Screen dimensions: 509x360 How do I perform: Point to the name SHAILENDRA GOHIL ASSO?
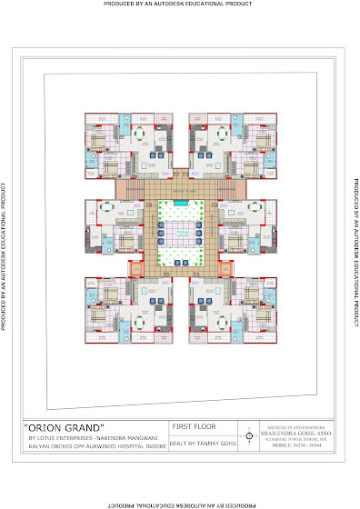[x=292, y=432]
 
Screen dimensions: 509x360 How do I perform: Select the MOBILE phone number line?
[x=291, y=446]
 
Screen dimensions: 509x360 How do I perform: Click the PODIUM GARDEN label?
[x=183, y=233]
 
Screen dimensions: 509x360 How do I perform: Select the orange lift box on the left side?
[x=137, y=269]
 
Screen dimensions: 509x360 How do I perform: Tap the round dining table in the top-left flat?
[x=141, y=135]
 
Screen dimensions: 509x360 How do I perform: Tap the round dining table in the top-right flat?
[x=223, y=135]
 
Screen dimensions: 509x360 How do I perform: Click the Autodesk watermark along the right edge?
[x=354, y=254]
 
